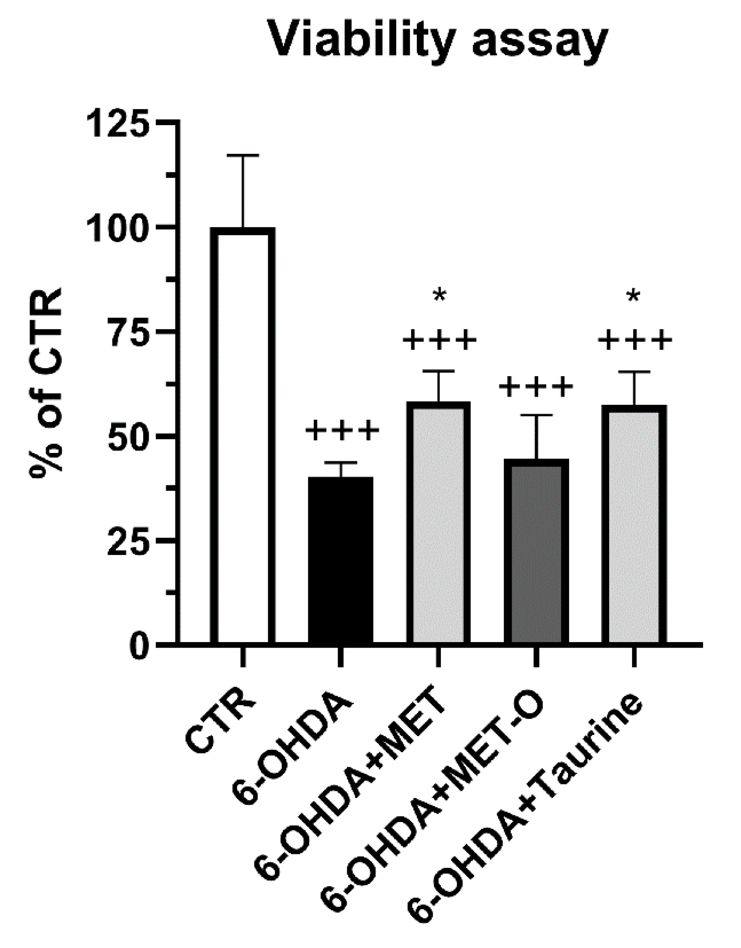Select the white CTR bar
point(243,434)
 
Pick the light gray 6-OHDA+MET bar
point(438,521)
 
